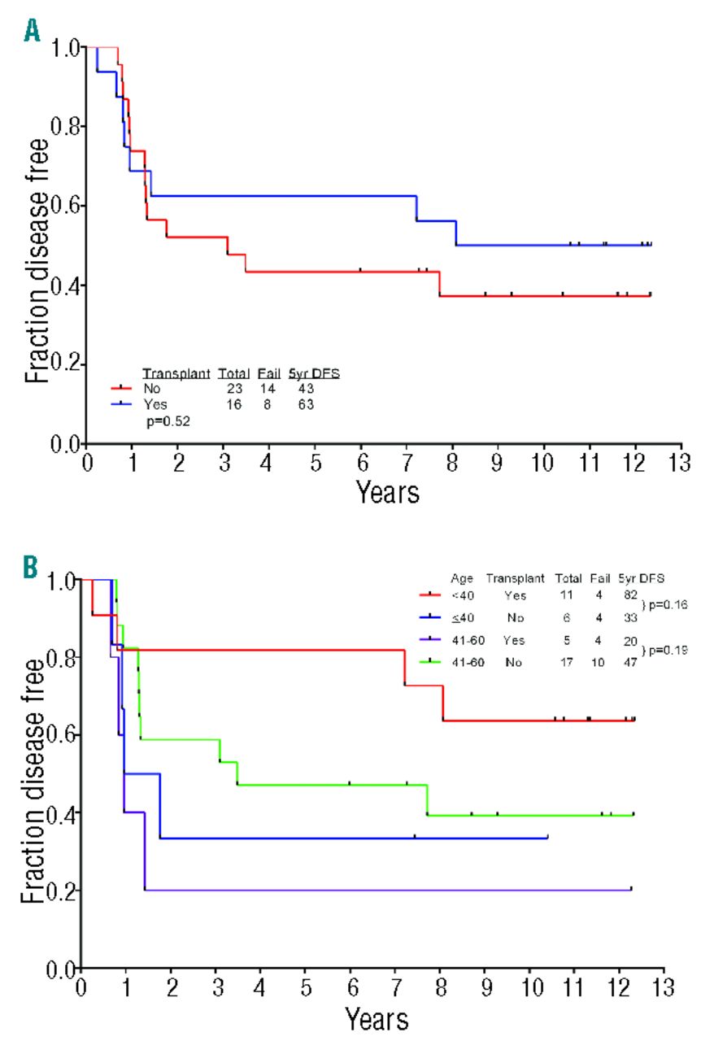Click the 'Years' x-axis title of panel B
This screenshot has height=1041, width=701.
pyautogui.click(x=376, y=1017)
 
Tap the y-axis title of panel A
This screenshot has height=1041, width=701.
pyautogui.click(x=34, y=245)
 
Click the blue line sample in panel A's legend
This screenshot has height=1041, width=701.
pyautogui.click(x=121, y=403)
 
